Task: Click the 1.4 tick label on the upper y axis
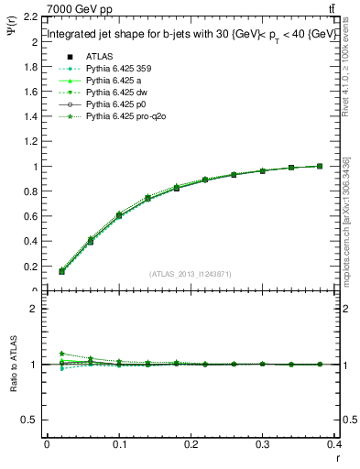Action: pos(28,116)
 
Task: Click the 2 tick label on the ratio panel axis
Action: pos(33,309)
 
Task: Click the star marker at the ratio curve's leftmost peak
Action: pos(61,354)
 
